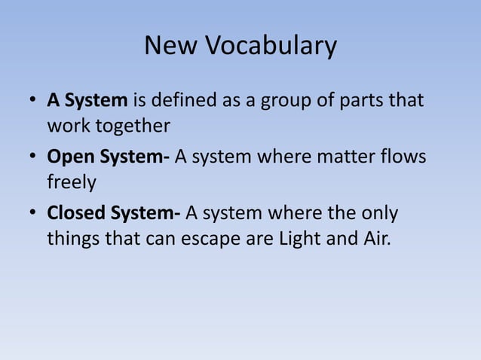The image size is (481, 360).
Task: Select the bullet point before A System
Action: click(34, 101)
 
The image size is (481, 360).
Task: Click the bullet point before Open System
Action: click(34, 157)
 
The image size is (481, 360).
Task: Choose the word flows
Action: click(403, 157)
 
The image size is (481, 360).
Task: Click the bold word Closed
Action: click(77, 213)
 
